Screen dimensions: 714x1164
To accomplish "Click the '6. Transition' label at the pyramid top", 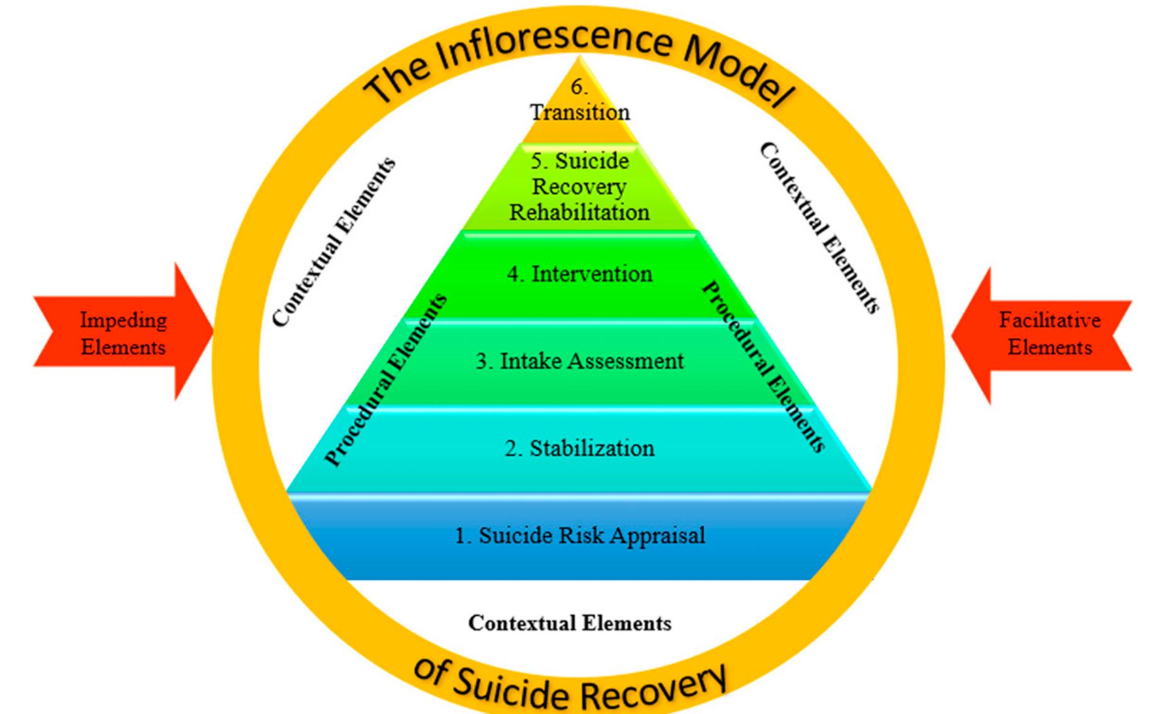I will coord(579,101).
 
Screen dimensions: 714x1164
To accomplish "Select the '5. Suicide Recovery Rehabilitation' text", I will coord(579,186).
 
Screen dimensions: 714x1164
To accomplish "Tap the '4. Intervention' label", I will coord(580,274).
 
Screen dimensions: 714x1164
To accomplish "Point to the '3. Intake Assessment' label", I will coord(579,361).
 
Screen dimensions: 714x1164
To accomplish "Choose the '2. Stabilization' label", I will coord(579,448).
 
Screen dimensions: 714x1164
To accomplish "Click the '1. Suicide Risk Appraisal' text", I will coord(579,536).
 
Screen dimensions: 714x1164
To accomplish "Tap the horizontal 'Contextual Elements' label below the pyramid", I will coord(570,623).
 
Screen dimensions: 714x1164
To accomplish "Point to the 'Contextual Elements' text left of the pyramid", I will coord(334,242).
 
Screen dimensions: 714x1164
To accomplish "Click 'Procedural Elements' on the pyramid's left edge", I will coord(385,380).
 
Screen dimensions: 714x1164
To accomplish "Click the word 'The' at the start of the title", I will coord(397,82).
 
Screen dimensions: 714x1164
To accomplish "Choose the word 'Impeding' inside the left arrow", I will coord(123,320).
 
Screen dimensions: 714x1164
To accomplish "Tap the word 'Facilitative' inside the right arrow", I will coord(1049,320).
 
